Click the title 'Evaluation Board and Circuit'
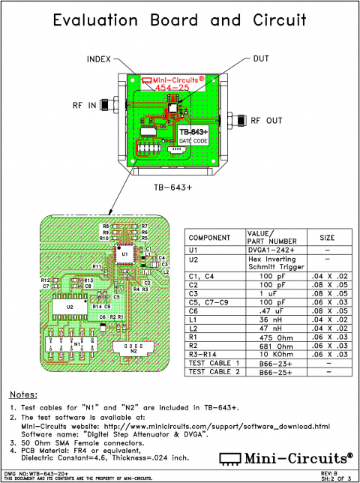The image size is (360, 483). click(180, 21)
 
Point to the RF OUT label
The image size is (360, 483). click(267, 120)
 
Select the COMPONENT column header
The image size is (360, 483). click(209, 238)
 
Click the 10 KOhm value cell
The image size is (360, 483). click(271, 353)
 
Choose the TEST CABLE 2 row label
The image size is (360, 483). click(214, 371)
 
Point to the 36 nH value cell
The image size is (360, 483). click(271, 317)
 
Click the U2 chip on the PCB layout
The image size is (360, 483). click(70, 307)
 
